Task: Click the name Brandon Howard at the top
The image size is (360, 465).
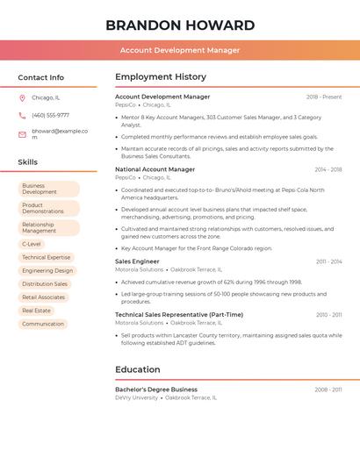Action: [x=180, y=25]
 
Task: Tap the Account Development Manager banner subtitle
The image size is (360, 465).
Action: [x=180, y=50]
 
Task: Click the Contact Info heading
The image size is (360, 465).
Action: [x=41, y=77]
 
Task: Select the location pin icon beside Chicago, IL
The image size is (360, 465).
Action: [x=22, y=98]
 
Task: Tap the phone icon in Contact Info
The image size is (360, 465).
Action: [x=22, y=115]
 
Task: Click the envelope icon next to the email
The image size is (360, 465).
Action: [x=22, y=134]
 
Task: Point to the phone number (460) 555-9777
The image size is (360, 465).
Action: [x=50, y=115]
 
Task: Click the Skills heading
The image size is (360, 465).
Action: [x=28, y=162]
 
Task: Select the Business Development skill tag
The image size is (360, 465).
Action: [x=48, y=190]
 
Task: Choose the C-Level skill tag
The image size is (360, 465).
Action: [x=32, y=244]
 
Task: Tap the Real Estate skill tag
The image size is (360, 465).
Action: [x=37, y=311]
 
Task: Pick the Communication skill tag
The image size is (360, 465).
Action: [x=43, y=324]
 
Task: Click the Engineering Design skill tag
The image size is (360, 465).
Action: [x=47, y=271]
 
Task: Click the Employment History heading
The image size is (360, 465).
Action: [x=161, y=77]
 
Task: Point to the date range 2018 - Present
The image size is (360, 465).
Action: [x=324, y=97]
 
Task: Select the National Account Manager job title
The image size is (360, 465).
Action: [x=155, y=169]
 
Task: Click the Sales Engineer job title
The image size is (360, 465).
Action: [x=137, y=261]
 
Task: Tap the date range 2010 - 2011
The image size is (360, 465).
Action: [x=329, y=315]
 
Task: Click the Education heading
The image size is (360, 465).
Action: [x=138, y=369]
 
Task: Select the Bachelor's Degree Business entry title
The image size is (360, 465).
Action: [x=156, y=390]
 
